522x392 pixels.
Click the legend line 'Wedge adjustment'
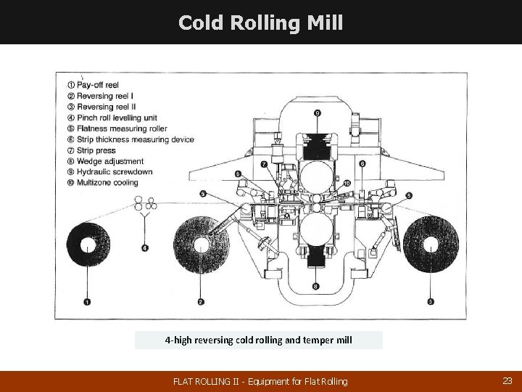[109, 161]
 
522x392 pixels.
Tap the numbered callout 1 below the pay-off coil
[87, 301]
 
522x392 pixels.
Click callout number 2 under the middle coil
[201, 301]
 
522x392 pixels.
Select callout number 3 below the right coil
[431, 301]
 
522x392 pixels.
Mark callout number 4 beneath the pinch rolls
[145, 248]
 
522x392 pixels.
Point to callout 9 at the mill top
[318, 113]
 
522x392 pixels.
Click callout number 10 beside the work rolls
[347, 183]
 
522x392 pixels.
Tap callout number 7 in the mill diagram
[264, 165]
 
